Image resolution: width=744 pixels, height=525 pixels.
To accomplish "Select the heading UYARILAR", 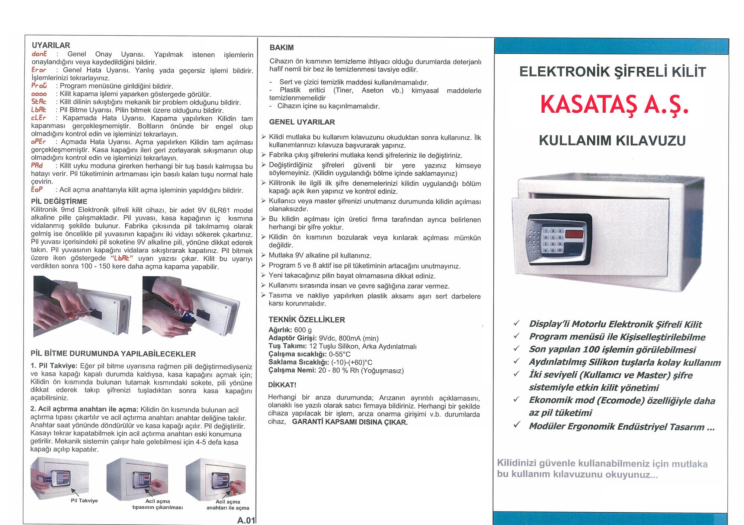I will (51, 45).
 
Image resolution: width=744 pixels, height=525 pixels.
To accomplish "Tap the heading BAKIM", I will (282, 48).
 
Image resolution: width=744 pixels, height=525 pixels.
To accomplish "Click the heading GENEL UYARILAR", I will (302, 122).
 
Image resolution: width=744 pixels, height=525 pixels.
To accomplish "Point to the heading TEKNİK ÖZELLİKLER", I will (307, 320).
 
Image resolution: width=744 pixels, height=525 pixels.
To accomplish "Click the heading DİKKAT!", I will (282, 385).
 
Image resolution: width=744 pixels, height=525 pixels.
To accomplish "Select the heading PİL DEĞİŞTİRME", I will (60, 201).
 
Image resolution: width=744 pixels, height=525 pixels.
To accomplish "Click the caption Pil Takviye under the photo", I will (84, 501).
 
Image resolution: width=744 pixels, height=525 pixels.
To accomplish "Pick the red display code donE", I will (39, 54).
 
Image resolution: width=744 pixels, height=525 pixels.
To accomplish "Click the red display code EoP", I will (37, 190).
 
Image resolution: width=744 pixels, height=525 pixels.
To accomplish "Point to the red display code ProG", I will (39, 86).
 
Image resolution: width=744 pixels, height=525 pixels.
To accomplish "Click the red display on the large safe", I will (575, 234).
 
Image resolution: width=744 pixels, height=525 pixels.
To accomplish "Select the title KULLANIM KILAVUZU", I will (612, 141).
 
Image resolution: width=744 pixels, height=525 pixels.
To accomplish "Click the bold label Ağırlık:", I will (280, 330).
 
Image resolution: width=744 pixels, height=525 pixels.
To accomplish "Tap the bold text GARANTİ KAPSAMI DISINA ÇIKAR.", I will (350, 422).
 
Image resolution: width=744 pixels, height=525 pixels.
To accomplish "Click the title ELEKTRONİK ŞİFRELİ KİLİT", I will (612, 72).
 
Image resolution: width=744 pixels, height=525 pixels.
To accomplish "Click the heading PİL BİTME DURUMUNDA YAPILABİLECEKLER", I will (113, 353).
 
